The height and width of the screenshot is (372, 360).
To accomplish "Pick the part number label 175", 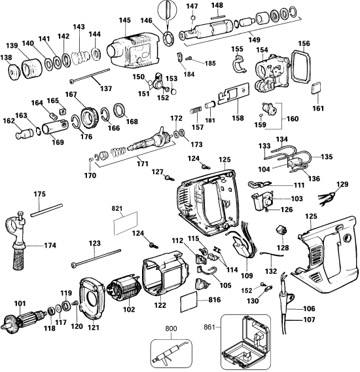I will click(x=39, y=195).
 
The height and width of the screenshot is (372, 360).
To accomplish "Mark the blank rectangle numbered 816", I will click(x=190, y=303).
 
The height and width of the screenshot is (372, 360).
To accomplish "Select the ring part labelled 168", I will click(x=121, y=109).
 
